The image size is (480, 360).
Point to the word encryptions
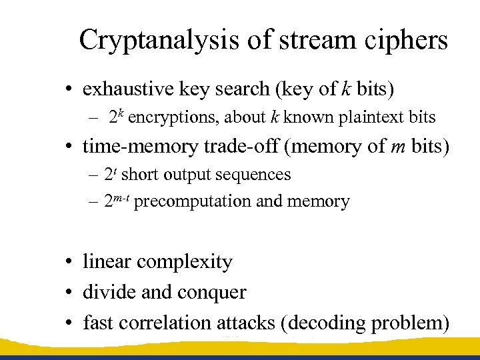click(x=175, y=118)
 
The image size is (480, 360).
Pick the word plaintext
click(x=371, y=118)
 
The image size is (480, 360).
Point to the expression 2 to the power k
click(x=117, y=117)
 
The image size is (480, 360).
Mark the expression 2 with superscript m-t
click(x=116, y=201)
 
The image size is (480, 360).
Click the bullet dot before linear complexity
click(x=69, y=263)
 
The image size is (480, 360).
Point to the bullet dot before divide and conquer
click(x=69, y=293)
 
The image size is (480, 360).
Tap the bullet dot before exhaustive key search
click(x=69, y=89)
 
